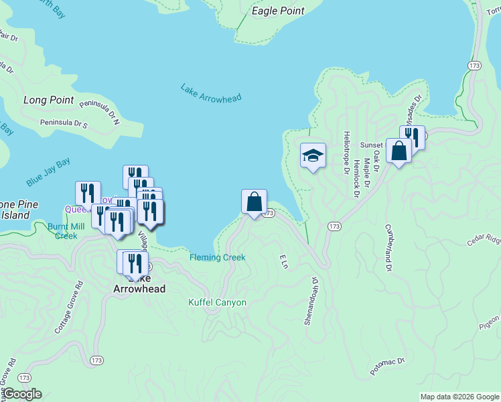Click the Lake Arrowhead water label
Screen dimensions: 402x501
[x=210, y=92]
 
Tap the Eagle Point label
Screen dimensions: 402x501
[x=278, y=11]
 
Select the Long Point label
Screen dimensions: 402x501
[x=48, y=100]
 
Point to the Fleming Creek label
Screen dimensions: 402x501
[x=218, y=257]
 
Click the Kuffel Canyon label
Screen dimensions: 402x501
[x=217, y=303]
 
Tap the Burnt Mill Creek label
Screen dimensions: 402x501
[x=66, y=230]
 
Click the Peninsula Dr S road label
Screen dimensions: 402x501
[x=64, y=123]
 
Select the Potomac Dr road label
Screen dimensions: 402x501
[x=388, y=366]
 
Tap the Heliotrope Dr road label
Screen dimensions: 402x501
[x=347, y=156]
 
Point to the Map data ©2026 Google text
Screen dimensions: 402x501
[x=459, y=397]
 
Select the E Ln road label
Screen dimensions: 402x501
[x=283, y=261]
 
